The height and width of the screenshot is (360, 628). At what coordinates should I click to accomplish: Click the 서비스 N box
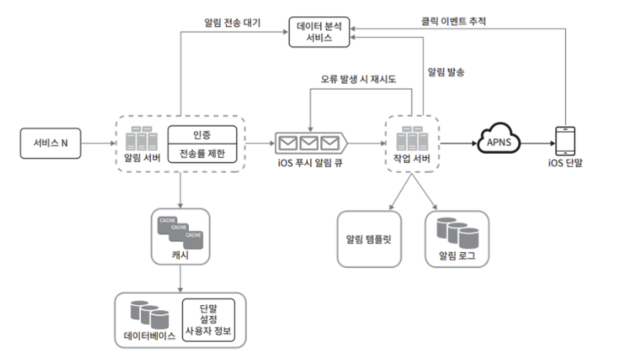point(50,143)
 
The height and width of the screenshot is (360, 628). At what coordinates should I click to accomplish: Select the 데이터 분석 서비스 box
point(319,32)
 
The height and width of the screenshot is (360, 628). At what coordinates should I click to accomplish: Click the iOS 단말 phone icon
point(565,141)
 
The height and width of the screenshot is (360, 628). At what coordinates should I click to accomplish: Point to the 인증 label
point(202,135)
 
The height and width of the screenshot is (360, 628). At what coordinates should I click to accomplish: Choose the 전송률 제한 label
point(202,154)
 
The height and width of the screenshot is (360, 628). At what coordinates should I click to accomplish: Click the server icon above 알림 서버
point(142,139)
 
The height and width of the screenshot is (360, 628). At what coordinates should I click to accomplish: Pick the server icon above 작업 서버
point(412,139)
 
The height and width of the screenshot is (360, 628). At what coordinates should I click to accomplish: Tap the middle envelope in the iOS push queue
point(309,143)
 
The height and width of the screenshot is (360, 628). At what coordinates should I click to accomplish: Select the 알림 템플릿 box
point(369,239)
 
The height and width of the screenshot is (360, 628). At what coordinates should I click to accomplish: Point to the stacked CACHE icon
point(180,233)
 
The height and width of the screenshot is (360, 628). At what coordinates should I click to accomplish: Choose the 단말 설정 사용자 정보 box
point(208,320)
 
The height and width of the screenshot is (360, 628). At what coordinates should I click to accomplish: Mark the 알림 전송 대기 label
point(232,22)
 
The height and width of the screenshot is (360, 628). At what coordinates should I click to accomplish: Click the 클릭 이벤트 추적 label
point(453,21)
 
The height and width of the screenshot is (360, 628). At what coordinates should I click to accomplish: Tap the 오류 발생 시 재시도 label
point(358,79)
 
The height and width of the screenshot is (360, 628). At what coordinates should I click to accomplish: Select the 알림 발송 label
point(446,72)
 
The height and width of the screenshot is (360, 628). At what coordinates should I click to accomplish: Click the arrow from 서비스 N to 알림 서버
point(98,143)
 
